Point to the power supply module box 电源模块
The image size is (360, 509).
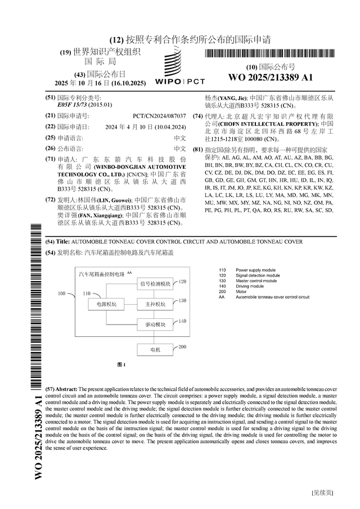pyautogui.click(x=106, y=304)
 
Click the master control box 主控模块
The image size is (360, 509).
pyautogui.click(x=155, y=304)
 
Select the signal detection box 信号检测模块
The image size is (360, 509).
pyautogui.click(x=155, y=283)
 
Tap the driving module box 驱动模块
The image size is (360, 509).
pyautogui.click(x=155, y=325)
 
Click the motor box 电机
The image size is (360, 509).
pyautogui.click(x=155, y=349)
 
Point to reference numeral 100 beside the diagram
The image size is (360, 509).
pyautogui.click(x=62, y=294)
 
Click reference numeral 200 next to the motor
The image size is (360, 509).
pyautogui.click(x=182, y=347)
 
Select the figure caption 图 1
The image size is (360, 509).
pyautogui.click(x=121, y=364)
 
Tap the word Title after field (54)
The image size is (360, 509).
pyautogui.click(x=62, y=241)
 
